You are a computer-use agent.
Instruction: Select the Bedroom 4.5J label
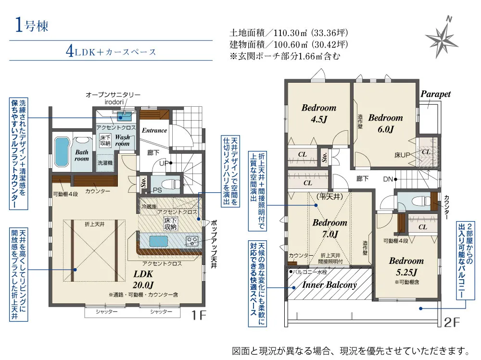click(x=319, y=113)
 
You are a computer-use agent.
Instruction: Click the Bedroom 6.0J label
click(x=386, y=123)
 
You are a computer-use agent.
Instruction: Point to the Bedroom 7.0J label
click(x=330, y=228)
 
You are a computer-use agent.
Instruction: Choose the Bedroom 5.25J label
click(x=406, y=266)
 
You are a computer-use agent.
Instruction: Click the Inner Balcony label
click(x=329, y=285)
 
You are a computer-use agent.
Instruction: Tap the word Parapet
click(x=436, y=94)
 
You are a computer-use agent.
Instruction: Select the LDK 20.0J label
click(x=143, y=279)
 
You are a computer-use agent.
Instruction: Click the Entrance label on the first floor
click(x=154, y=130)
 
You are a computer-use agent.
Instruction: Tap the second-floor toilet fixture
click(x=421, y=201)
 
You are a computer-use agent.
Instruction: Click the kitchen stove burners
click(x=192, y=240)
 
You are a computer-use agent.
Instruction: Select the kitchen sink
click(x=159, y=241)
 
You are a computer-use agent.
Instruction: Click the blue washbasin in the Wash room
click(x=125, y=116)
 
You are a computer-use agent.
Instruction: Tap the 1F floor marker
click(x=199, y=315)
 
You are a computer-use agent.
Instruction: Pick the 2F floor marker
click(x=452, y=322)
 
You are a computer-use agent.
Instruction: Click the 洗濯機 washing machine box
click(x=105, y=163)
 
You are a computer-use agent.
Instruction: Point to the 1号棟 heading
click(x=32, y=25)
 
